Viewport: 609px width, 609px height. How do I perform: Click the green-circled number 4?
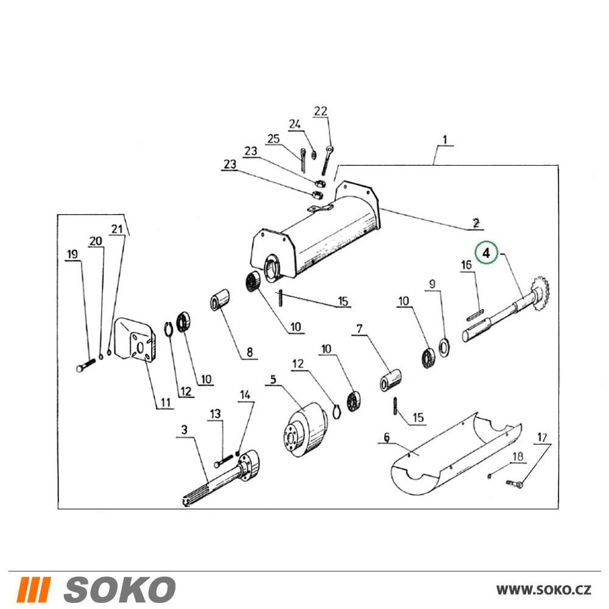tap(486, 253)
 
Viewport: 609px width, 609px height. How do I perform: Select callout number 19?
tap(72, 255)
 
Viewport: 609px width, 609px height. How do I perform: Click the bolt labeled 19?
tap(86, 365)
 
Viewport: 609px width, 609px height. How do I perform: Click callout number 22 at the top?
tap(320, 111)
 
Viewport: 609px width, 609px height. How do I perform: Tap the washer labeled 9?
tap(444, 347)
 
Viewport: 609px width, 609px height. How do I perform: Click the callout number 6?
tap(387, 437)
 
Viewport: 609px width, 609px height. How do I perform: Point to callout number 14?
tap(245, 395)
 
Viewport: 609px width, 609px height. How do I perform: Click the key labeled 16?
tap(475, 315)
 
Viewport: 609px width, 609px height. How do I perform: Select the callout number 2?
tap(476, 223)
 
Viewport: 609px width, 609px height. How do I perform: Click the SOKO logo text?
tap(119, 589)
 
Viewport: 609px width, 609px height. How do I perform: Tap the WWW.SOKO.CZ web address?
tap(544, 590)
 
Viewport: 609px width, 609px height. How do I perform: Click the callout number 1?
tap(445, 139)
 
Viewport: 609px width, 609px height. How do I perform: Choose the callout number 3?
tap(184, 429)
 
